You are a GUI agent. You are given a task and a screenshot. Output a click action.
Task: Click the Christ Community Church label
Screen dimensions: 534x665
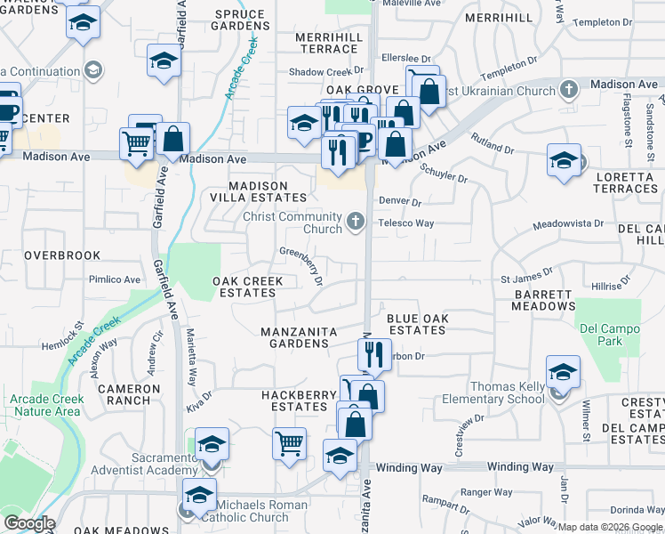(x=292, y=222)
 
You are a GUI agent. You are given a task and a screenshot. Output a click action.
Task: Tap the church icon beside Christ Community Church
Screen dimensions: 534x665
(x=356, y=220)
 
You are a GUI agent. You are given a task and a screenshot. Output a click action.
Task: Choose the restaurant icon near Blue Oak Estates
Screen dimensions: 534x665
(x=374, y=353)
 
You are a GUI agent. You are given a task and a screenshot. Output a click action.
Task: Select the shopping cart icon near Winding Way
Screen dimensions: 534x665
(x=290, y=442)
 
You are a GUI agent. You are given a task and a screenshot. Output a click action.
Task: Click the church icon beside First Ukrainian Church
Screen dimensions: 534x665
(x=568, y=89)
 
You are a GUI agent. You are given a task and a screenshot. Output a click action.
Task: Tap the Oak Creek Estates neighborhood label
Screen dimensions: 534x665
(x=248, y=287)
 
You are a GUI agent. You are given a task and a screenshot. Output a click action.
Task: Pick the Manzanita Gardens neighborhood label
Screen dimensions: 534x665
(x=299, y=337)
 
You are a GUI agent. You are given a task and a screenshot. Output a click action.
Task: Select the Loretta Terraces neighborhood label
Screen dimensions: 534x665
(x=625, y=182)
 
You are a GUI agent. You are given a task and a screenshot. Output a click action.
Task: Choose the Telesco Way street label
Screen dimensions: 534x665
(x=406, y=223)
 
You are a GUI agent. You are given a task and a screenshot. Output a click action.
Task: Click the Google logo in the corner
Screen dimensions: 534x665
(x=29, y=523)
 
